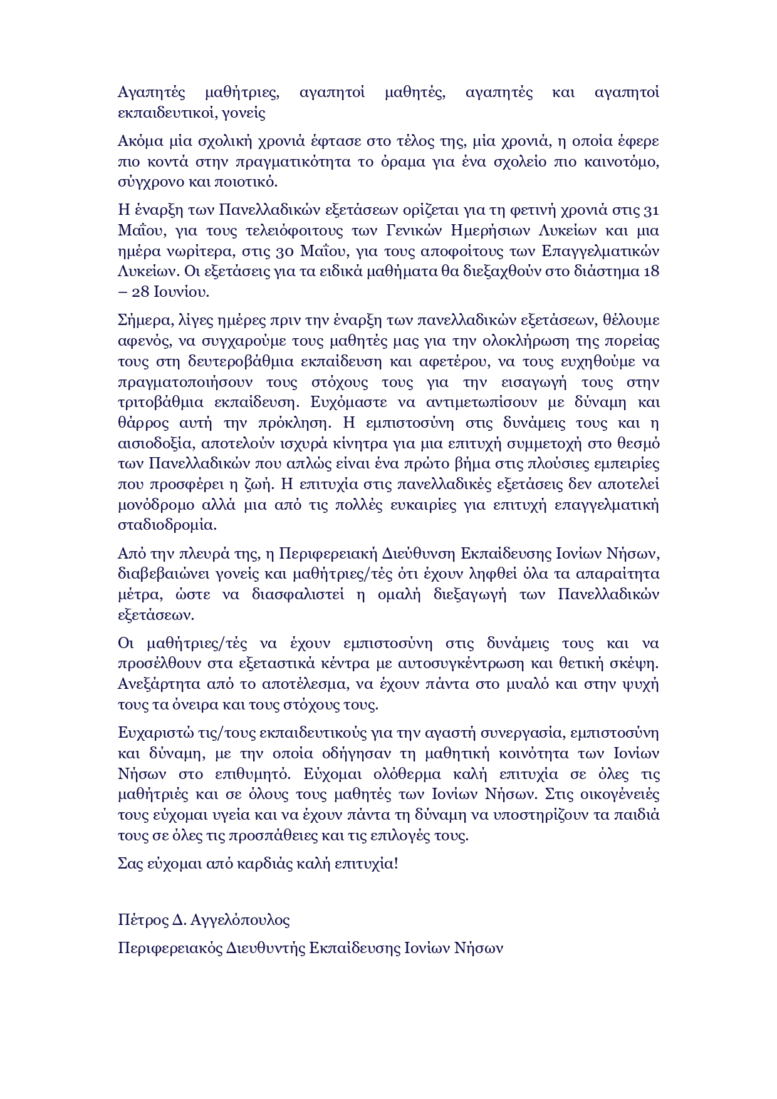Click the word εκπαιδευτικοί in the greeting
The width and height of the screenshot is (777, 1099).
coord(165,113)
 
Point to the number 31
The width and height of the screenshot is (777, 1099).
coord(651,210)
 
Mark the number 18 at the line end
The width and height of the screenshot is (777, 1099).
coord(651,272)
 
